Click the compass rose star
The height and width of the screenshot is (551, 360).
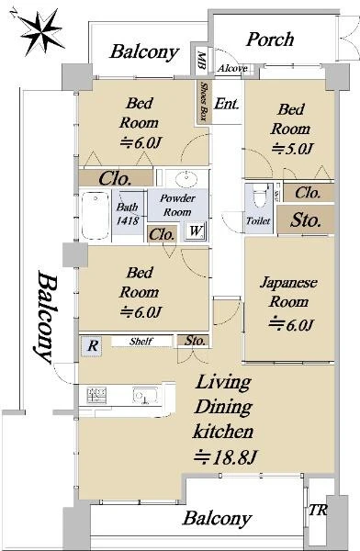click(41, 32)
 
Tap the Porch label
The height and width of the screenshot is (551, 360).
click(270, 39)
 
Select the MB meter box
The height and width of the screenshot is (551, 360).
click(201, 60)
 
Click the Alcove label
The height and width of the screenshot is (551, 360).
click(232, 68)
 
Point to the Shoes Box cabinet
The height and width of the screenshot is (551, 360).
click(204, 102)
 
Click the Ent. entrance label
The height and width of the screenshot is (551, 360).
click(227, 103)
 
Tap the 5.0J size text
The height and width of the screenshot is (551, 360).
click(292, 149)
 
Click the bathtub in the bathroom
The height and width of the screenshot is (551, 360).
click(95, 216)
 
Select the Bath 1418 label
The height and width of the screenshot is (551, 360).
click(128, 214)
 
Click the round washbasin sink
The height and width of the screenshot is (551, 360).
click(186, 179)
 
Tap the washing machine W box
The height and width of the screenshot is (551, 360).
click(195, 231)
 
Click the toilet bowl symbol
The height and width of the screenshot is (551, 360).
click(261, 196)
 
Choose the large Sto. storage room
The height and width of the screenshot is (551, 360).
click(306, 219)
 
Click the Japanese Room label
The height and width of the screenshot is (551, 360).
click(288, 292)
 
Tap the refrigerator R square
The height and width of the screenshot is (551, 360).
click(92, 346)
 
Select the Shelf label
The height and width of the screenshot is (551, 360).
click(141, 341)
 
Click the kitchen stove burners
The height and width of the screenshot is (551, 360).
click(96, 395)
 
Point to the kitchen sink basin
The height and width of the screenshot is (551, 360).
click(145, 396)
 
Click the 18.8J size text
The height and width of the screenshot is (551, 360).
click(226, 456)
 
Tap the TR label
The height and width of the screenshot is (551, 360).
click(318, 510)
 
